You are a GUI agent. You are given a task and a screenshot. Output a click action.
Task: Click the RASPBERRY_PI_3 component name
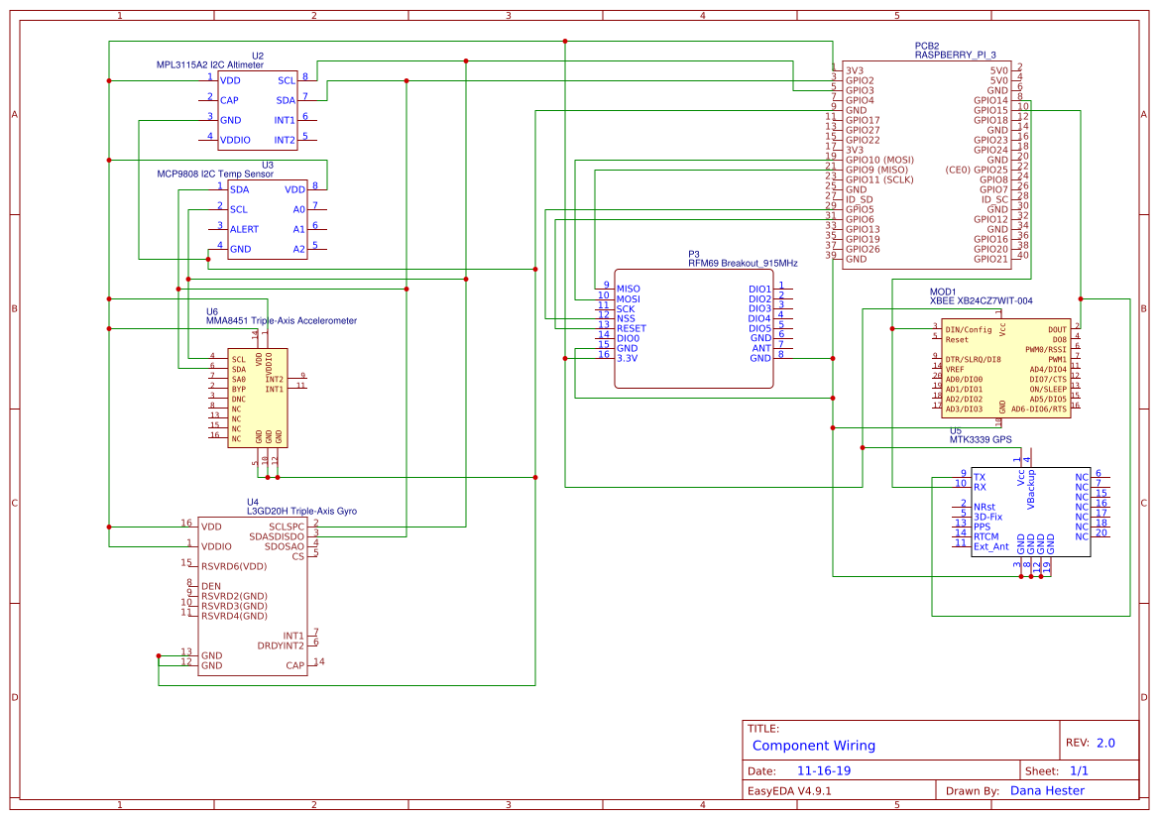click(x=955, y=56)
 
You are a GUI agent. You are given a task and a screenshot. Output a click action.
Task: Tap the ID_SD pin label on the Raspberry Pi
click(x=859, y=199)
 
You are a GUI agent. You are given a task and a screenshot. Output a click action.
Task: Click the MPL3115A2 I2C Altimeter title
click(x=210, y=65)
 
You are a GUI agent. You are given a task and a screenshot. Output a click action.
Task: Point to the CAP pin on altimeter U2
click(x=229, y=100)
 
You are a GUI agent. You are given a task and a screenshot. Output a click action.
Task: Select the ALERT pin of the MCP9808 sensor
click(x=244, y=229)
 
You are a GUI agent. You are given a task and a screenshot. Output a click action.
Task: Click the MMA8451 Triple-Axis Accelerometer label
click(x=281, y=321)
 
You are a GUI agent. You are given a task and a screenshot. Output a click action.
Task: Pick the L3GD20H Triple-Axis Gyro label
click(x=301, y=512)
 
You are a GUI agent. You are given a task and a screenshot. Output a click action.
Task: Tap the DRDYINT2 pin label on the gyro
click(x=281, y=645)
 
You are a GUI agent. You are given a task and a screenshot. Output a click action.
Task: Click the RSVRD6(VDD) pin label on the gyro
click(x=234, y=566)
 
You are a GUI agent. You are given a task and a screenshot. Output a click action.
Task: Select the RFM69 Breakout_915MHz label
click(x=743, y=264)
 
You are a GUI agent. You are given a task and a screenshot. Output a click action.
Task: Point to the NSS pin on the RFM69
click(x=626, y=318)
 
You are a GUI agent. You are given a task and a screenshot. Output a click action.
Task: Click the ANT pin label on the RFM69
click(x=761, y=348)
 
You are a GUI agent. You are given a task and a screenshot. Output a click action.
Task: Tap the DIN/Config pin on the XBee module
click(x=969, y=329)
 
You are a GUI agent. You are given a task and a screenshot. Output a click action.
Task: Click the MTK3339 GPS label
click(x=981, y=440)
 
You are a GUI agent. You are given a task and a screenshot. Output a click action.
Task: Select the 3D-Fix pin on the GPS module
click(x=987, y=517)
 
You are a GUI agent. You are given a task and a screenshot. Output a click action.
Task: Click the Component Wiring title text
click(x=814, y=746)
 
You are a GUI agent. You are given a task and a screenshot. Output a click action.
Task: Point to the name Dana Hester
click(x=1047, y=791)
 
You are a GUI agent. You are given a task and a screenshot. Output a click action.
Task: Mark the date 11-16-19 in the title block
click(x=824, y=770)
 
